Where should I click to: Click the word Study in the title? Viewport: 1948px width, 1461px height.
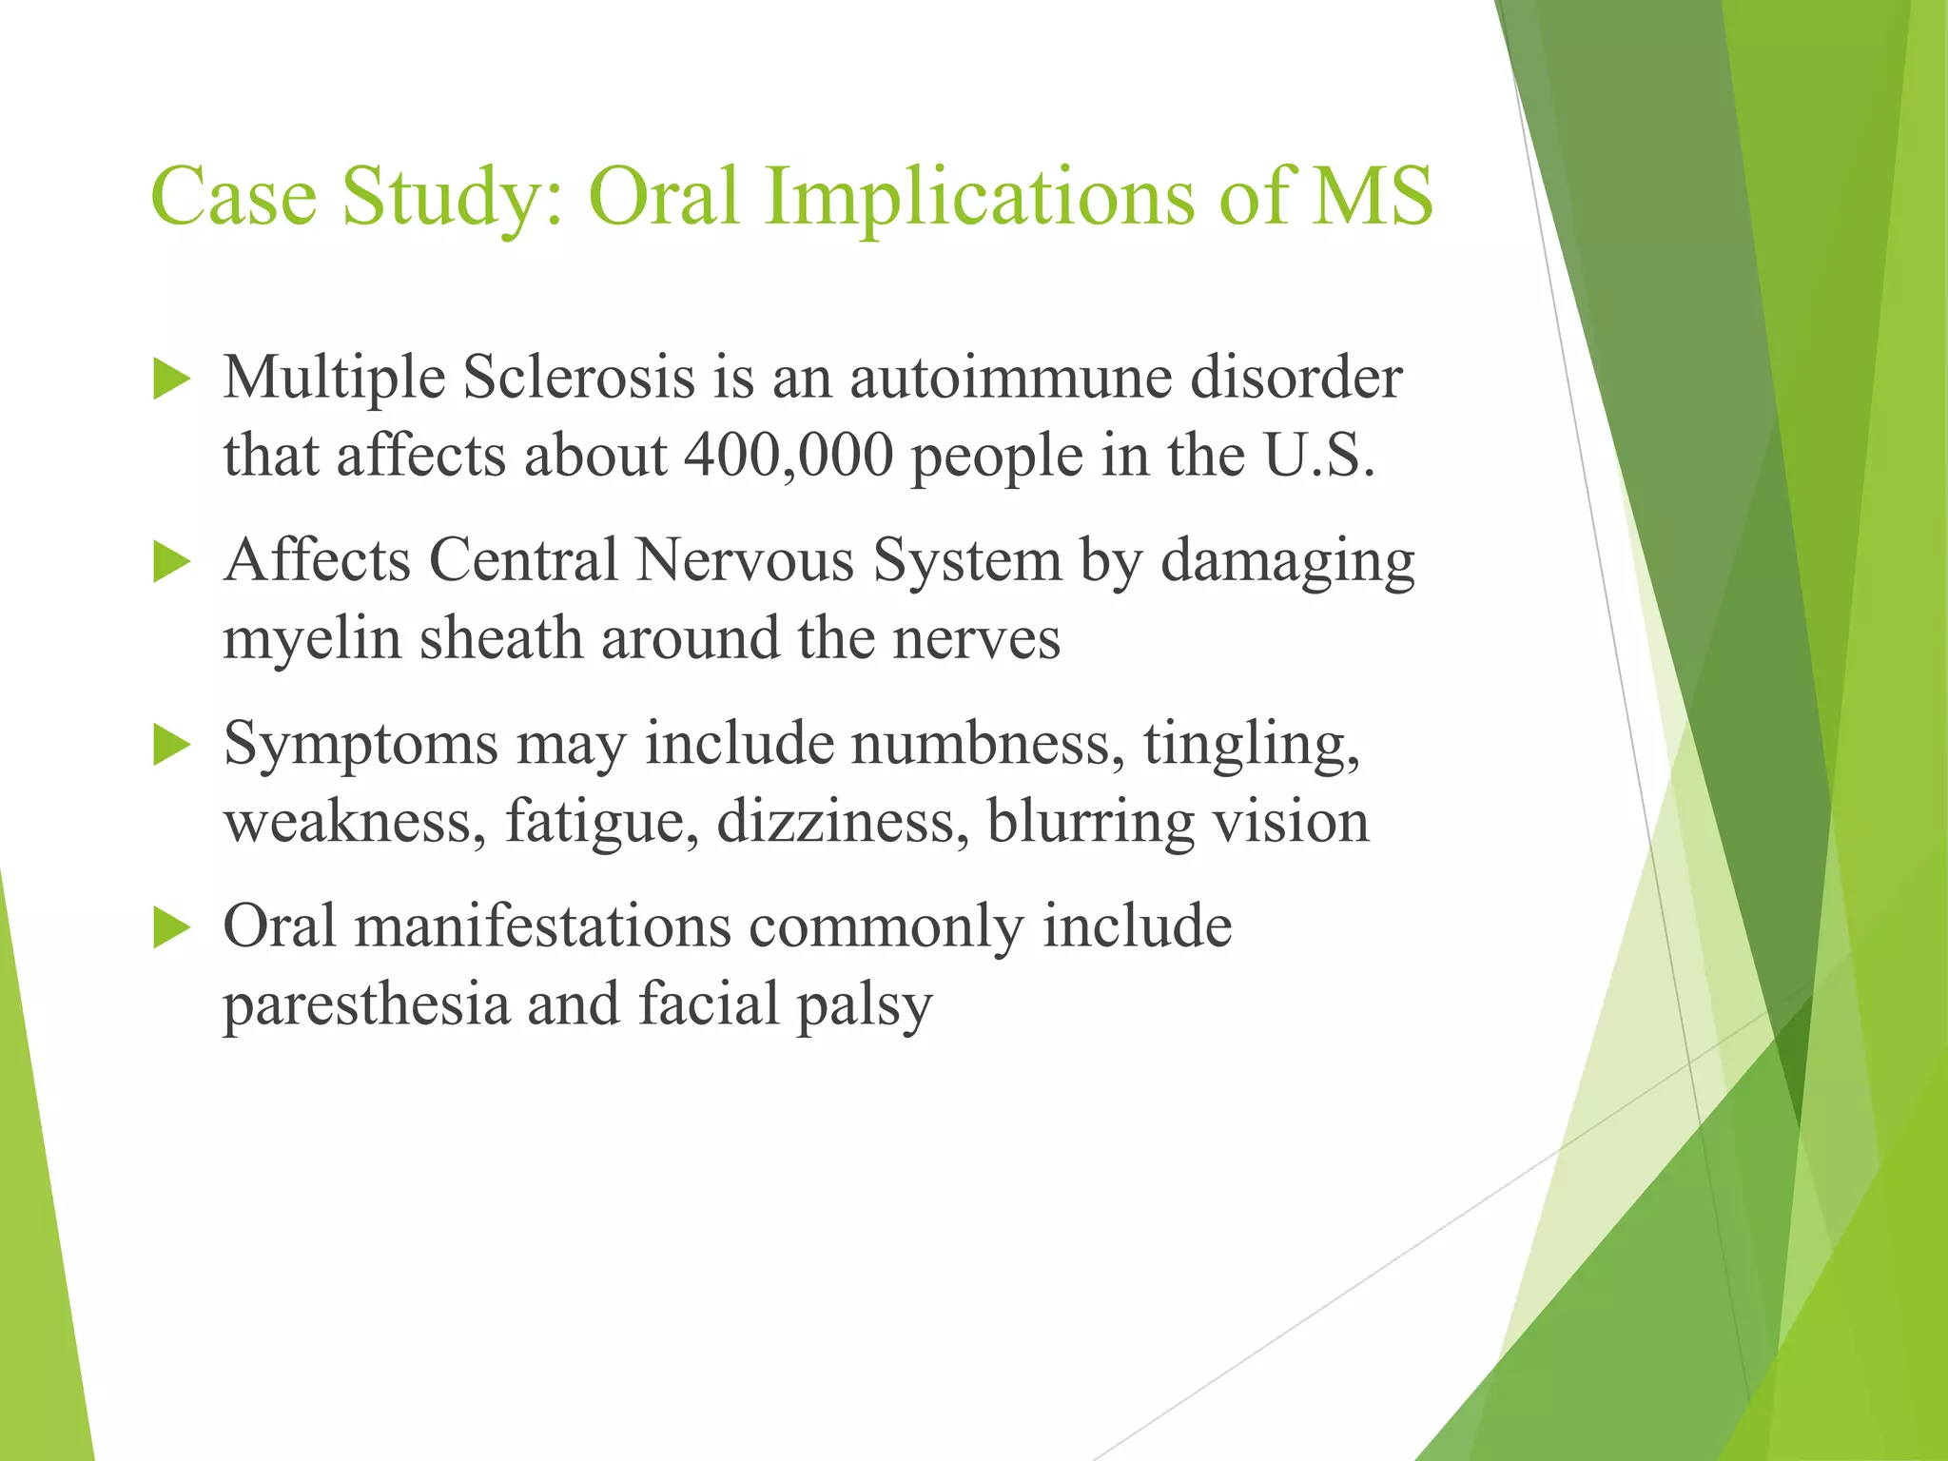pos(452,197)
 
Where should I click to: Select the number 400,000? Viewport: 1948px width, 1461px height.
pos(789,456)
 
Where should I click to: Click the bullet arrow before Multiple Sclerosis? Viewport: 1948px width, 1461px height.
pos(171,380)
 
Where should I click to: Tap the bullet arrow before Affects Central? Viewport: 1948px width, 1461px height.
pos(171,562)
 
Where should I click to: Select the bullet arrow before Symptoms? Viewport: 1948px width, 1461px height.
pos(171,746)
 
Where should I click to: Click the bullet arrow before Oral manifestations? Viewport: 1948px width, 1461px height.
pos(171,928)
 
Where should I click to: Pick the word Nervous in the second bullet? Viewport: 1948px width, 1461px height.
pos(745,560)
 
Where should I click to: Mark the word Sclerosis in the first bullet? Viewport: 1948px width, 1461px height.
pos(579,378)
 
